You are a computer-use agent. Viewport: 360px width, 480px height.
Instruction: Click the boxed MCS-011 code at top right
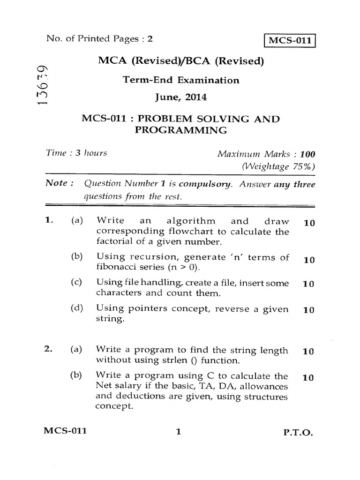click(289, 40)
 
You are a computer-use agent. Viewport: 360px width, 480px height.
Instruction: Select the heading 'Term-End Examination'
click(181, 80)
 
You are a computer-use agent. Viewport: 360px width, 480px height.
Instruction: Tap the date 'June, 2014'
click(181, 98)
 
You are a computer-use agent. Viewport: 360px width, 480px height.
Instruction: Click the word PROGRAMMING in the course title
click(181, 130)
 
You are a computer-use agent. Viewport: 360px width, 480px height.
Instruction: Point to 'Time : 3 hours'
click(76, 153)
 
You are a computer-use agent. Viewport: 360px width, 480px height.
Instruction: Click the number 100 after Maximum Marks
click(307, 154)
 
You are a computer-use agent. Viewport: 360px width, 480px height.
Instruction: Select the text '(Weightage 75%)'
click(278, 166)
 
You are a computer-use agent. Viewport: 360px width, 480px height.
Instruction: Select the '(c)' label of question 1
click(77, 283)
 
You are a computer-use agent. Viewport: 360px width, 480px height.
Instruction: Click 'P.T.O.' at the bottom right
click(299, 434)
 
